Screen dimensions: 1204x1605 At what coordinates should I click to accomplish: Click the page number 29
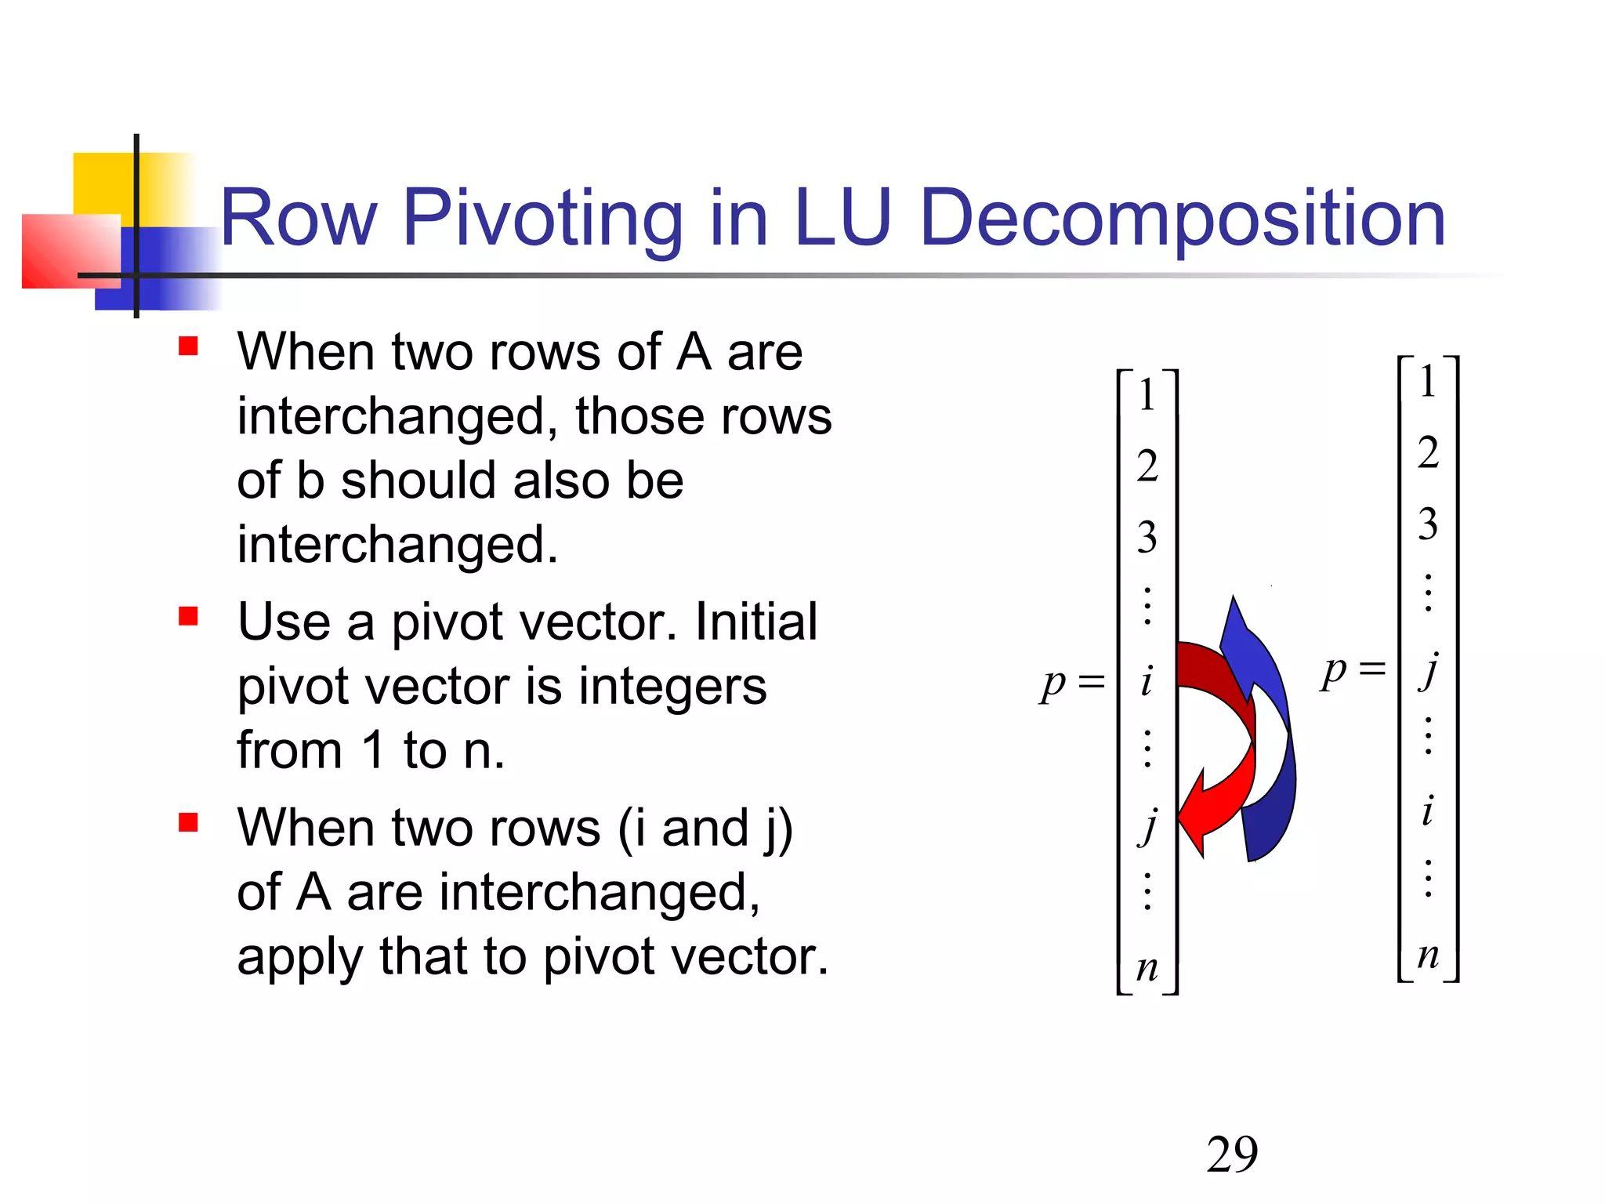pos(1232,1154)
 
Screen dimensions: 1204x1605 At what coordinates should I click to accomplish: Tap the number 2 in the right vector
pos(1428,453)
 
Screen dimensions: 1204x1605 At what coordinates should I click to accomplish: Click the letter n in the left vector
pos(1147,968)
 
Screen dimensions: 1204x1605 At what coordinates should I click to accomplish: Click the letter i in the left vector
pos(1147,680)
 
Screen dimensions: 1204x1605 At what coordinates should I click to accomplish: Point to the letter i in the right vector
pos(1428,811)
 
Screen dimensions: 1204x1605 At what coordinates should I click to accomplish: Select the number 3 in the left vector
pos(1147,538)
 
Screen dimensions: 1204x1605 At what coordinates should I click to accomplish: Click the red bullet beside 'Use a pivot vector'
pos(188,616)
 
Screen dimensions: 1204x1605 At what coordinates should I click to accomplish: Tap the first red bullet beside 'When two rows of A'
pos(188,346)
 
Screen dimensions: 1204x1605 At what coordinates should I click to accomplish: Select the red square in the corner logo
pos(67,251)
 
